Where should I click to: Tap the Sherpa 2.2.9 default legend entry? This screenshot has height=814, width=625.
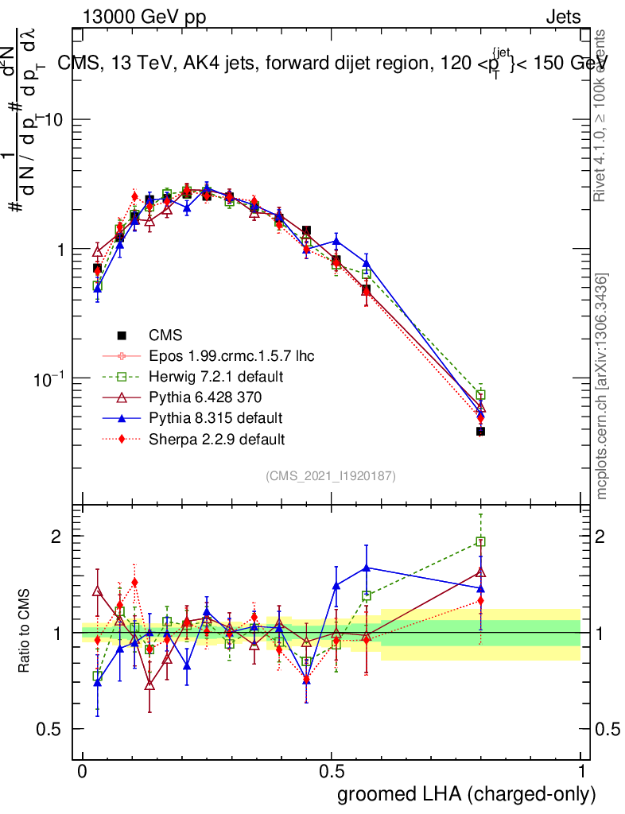[x=217, y=438]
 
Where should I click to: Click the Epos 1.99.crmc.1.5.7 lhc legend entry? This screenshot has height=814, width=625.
[x=237, y=355]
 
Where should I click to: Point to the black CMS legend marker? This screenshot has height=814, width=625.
[x=122, y=335]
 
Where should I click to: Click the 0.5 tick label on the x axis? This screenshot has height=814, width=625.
[x=332, y=771]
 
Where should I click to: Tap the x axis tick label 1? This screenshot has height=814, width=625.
[x=581, y=771]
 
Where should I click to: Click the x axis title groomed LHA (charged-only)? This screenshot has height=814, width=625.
[x=467, y=793]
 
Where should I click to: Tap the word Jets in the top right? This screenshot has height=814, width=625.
[x=563, y=17]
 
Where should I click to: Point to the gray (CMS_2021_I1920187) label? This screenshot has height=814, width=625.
[x=331, y=475]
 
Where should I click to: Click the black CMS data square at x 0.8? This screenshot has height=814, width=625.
[x=480, y=431]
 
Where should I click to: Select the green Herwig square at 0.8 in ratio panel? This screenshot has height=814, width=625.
[x=480, y=542]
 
